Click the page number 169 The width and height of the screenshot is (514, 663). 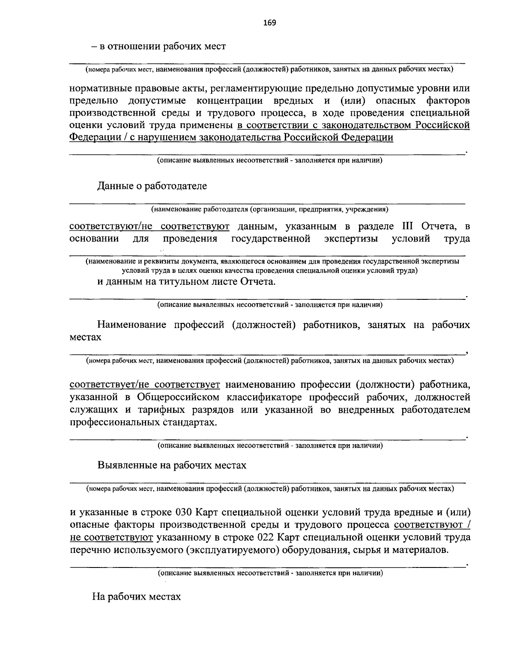pos(270,23)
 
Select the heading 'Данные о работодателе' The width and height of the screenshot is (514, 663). pos(152,186)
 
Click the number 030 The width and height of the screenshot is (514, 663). pos(186,513)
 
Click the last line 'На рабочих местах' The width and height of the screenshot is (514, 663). pos(137,597)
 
